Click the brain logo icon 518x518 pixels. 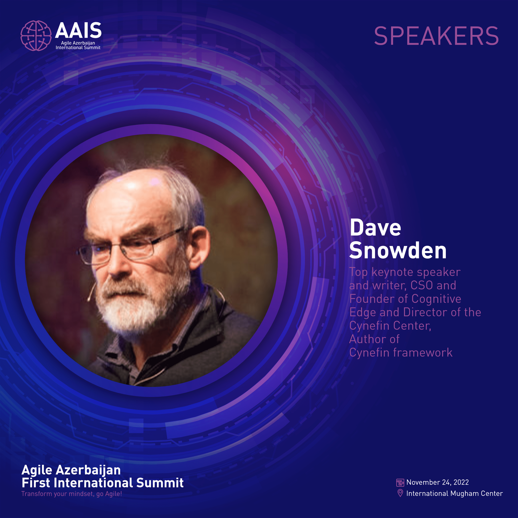coord(36,36)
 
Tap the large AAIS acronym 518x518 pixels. coord(78,30)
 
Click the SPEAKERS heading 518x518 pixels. coord(436,36)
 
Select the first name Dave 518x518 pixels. coord(375,227)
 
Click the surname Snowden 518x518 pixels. coord(398,250)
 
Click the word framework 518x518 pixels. coord(423,353)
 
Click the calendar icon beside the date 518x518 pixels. coord(400,483)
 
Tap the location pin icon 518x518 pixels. coord(400,493)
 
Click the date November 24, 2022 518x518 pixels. coord(438,482)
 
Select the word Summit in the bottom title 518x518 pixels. coord(160,483)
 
